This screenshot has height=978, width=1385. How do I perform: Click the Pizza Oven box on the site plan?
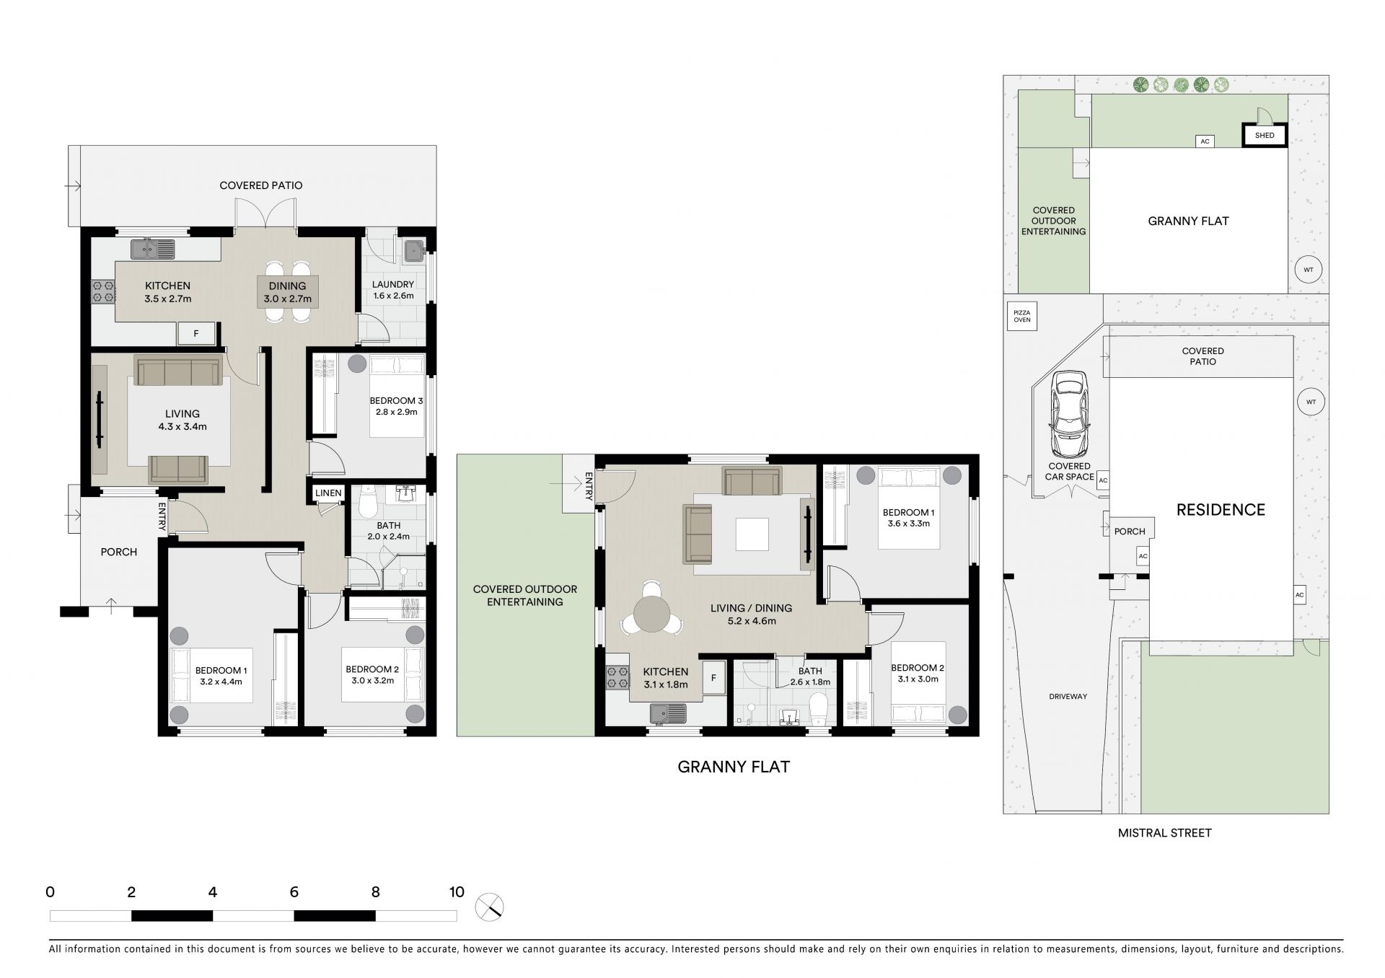click(1022, 316)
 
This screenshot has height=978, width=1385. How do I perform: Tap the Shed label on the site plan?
click(1265, 135)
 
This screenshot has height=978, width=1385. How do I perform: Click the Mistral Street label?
click(1164, 833)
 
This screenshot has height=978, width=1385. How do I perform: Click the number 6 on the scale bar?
click(294, 892)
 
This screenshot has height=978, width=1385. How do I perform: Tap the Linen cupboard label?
click(328, 493)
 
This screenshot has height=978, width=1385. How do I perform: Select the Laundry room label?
click(393, 284)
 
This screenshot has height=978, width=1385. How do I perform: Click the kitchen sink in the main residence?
click(153, 250)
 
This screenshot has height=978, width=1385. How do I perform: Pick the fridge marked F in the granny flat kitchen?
click(713, 678)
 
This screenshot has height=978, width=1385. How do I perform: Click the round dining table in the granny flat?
click(652, 615)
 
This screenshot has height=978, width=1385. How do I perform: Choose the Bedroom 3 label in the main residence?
click(396, 401)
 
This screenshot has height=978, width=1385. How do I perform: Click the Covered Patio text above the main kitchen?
click(261, 185)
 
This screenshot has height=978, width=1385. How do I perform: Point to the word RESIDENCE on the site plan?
click(1221, 510)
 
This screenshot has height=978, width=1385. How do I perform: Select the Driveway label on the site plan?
click(1068, 697)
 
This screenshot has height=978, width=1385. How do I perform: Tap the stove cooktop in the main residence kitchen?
click(102, 291)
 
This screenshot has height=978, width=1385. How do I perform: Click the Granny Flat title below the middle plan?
click(734, 767)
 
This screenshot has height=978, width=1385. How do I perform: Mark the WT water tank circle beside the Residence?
click(1311, 402)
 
